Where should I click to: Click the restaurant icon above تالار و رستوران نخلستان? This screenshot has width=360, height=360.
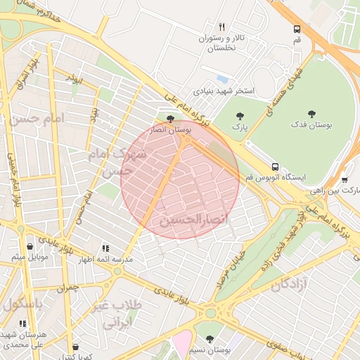[x=222, y=26]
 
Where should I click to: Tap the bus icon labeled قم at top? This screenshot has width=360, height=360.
[x=297, y=30]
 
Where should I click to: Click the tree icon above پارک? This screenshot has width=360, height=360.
[x=240, y=115]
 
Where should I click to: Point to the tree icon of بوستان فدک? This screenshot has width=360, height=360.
[x=311, y=113]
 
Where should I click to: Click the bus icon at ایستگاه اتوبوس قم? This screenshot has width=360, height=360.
[x=274, y=167]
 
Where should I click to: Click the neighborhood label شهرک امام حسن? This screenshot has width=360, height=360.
[x=118, y=161]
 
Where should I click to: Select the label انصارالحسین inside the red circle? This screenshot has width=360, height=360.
[x=194, y=220]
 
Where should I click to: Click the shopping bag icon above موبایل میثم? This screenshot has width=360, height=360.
[x=30, y=246]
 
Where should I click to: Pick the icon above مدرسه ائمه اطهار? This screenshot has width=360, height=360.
[x=105, y=248]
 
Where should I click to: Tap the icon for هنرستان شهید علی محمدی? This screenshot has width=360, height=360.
[x=22, y=323]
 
